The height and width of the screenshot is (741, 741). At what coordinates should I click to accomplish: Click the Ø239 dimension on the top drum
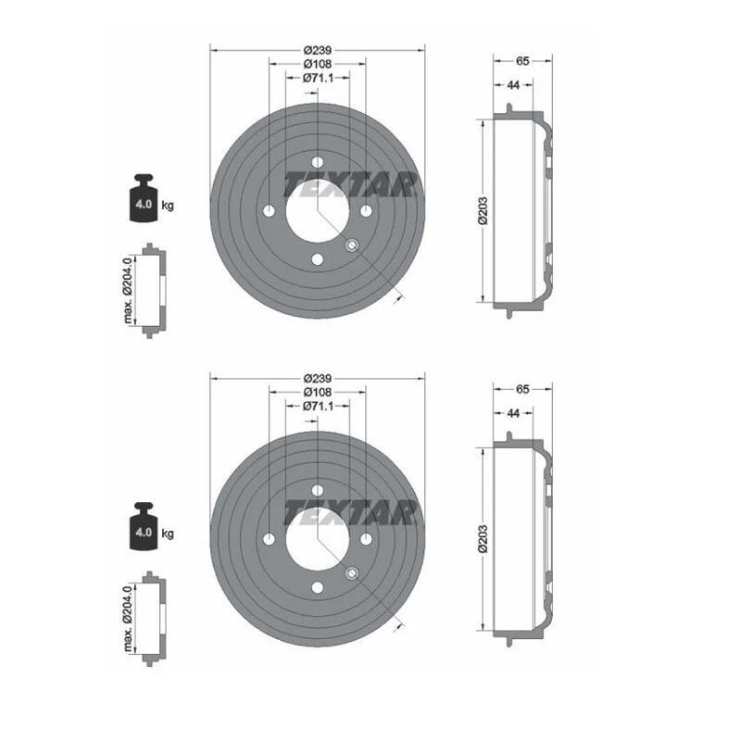point(318,49)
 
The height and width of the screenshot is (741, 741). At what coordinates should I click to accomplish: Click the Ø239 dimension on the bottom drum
point(318,379)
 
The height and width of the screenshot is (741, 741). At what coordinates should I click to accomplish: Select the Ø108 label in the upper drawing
point(318,64)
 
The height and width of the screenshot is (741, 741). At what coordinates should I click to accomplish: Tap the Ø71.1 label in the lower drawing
point(318,407)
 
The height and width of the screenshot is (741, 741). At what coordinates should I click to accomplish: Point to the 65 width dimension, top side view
point(522,61)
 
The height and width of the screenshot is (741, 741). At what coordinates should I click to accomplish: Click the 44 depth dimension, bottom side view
point(512,414)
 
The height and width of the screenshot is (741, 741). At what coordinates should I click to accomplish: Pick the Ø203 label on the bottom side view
point(482,541)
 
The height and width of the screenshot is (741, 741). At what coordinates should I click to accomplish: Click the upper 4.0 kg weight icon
point(144,197)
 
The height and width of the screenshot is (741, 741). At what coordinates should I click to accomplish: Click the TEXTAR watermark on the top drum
point(347,184)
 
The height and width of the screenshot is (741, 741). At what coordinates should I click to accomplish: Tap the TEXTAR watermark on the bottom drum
point(347,512)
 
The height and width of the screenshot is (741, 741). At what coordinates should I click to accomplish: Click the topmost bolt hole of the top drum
point(318,160)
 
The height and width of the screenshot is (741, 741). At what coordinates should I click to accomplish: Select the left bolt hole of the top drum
point(269,210)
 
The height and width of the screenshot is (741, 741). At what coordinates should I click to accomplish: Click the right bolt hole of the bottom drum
point(367,539)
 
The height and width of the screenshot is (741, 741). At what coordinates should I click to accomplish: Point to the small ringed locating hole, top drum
point(352,245)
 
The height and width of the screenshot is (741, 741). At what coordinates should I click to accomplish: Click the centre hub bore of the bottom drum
point(318,539)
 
